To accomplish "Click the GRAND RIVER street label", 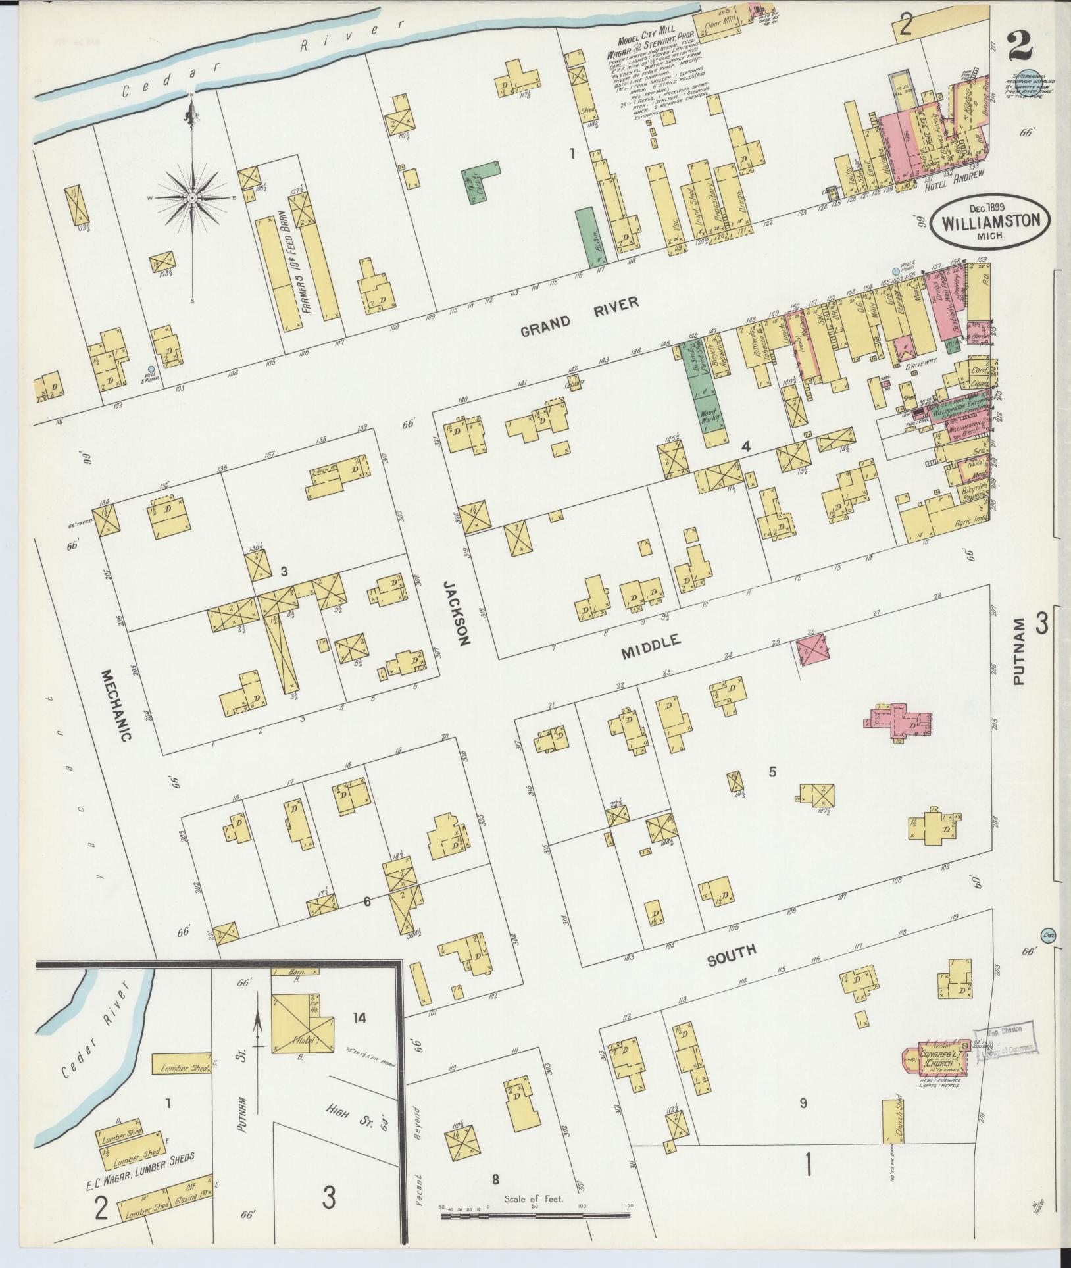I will (x=579, y=317).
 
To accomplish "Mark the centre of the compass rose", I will (x=192, y=197).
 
